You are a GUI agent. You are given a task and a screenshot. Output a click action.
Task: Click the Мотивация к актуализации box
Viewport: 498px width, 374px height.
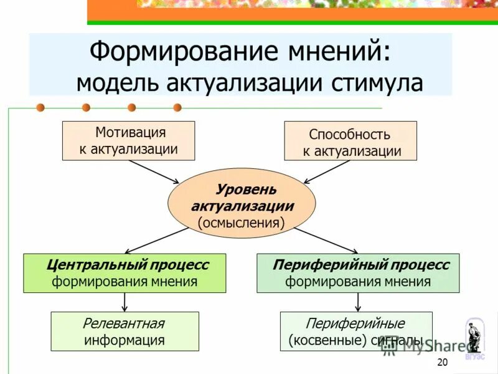[x=129, y=141]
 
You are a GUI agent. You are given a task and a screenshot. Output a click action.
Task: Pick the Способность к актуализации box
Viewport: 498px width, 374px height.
[x=350, y=142]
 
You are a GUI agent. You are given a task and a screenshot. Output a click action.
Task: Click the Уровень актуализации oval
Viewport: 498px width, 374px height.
[x=242, y=203]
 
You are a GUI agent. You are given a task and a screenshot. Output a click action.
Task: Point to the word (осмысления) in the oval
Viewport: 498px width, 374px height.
[x=242, y=222]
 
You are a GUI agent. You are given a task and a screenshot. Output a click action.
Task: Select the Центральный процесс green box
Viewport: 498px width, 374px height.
[x=125, y=273]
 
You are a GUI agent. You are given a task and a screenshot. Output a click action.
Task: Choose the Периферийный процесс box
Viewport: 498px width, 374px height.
[x=358, y=273]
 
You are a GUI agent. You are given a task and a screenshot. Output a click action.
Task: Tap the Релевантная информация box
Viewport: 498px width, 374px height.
[x=125, y=332]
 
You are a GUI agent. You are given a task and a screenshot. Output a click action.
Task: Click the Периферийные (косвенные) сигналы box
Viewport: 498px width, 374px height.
[x=355, y=332]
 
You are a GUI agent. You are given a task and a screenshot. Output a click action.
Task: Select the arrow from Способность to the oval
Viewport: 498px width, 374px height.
[x=327, y=171]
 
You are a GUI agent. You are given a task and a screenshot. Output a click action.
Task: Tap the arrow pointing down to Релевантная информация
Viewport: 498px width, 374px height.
[x=125, y=302]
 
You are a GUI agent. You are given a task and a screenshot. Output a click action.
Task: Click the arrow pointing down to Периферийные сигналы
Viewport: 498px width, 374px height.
[x=358, y=302]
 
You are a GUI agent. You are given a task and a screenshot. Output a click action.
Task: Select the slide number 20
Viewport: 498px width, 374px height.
[x=443, y=363]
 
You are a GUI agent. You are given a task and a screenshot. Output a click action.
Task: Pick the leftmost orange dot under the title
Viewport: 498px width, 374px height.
[x=40, y=107]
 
